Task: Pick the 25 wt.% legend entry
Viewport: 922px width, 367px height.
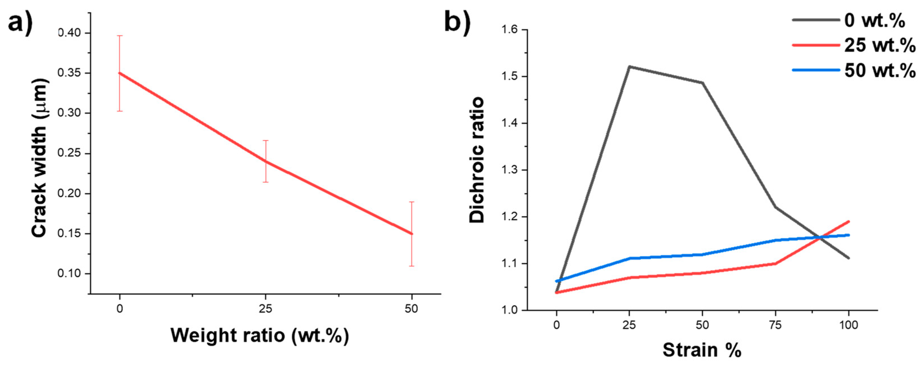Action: [x=879, y=45]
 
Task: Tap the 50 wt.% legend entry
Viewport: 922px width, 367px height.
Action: [x=879, y=70]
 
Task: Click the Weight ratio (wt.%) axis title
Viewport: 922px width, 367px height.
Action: [x=259, y=335]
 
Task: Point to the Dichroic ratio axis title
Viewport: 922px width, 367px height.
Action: [x=477, y=160]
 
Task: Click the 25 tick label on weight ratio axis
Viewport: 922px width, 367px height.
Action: [x=265, y=309]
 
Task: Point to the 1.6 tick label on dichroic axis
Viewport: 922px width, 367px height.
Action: [x=510, y=30]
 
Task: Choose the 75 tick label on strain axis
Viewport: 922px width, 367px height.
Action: [x=775, y=325]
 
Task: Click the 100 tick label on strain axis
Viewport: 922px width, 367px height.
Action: [x=848, y=325]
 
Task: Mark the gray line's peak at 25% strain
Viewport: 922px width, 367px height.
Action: [x=629, y=66]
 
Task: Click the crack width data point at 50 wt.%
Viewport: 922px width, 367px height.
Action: [x=411, y=234]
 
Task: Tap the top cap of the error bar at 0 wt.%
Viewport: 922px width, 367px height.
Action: [x=120, y=36]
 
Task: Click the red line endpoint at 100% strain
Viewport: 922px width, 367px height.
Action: [x=848, y=222]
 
